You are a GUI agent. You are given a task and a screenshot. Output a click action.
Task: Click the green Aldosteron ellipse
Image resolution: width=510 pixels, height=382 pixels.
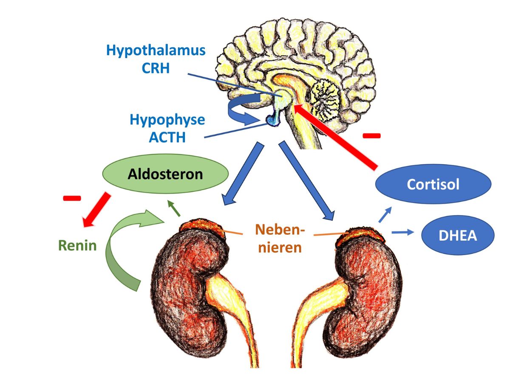[166, 174]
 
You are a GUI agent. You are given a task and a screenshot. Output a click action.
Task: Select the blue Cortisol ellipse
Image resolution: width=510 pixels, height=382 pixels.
[433, 185]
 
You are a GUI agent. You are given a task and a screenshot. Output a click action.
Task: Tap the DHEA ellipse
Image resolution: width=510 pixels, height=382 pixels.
[458, 236]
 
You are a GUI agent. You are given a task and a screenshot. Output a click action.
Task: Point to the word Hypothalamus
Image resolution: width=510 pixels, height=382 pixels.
[156, 51]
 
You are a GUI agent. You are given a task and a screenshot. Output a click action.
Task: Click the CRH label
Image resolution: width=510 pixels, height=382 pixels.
[156, 68]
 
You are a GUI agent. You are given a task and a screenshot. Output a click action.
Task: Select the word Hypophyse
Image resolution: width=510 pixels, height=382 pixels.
[167, 120]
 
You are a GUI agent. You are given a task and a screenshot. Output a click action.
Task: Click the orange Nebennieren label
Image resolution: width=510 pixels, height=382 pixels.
[278, 239]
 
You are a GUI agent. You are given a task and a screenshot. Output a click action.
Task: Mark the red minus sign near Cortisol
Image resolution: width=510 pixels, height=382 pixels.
[371, 136]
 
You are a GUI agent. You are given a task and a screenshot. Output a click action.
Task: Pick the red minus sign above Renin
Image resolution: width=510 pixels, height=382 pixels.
[71, 198]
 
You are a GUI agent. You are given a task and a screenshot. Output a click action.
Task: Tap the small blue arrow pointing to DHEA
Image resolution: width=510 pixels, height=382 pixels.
[402, 232]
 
